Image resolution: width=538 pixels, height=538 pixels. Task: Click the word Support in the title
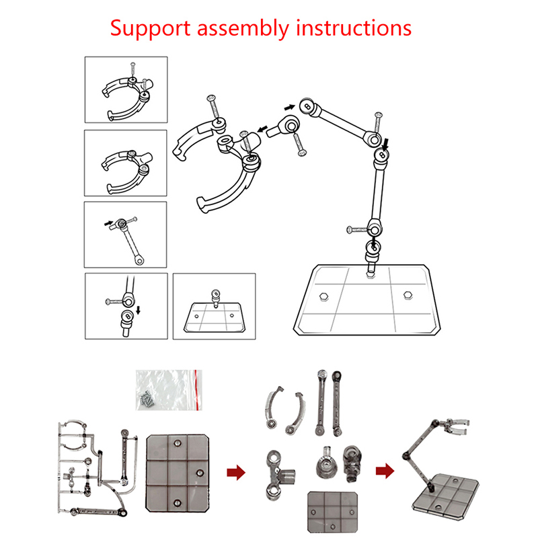(147, 28)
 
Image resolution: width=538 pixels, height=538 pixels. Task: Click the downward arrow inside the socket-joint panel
(138, 311)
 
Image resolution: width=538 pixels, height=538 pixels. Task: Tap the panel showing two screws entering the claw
(126, 89)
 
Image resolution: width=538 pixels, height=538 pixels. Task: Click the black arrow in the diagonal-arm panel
(108, 221)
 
